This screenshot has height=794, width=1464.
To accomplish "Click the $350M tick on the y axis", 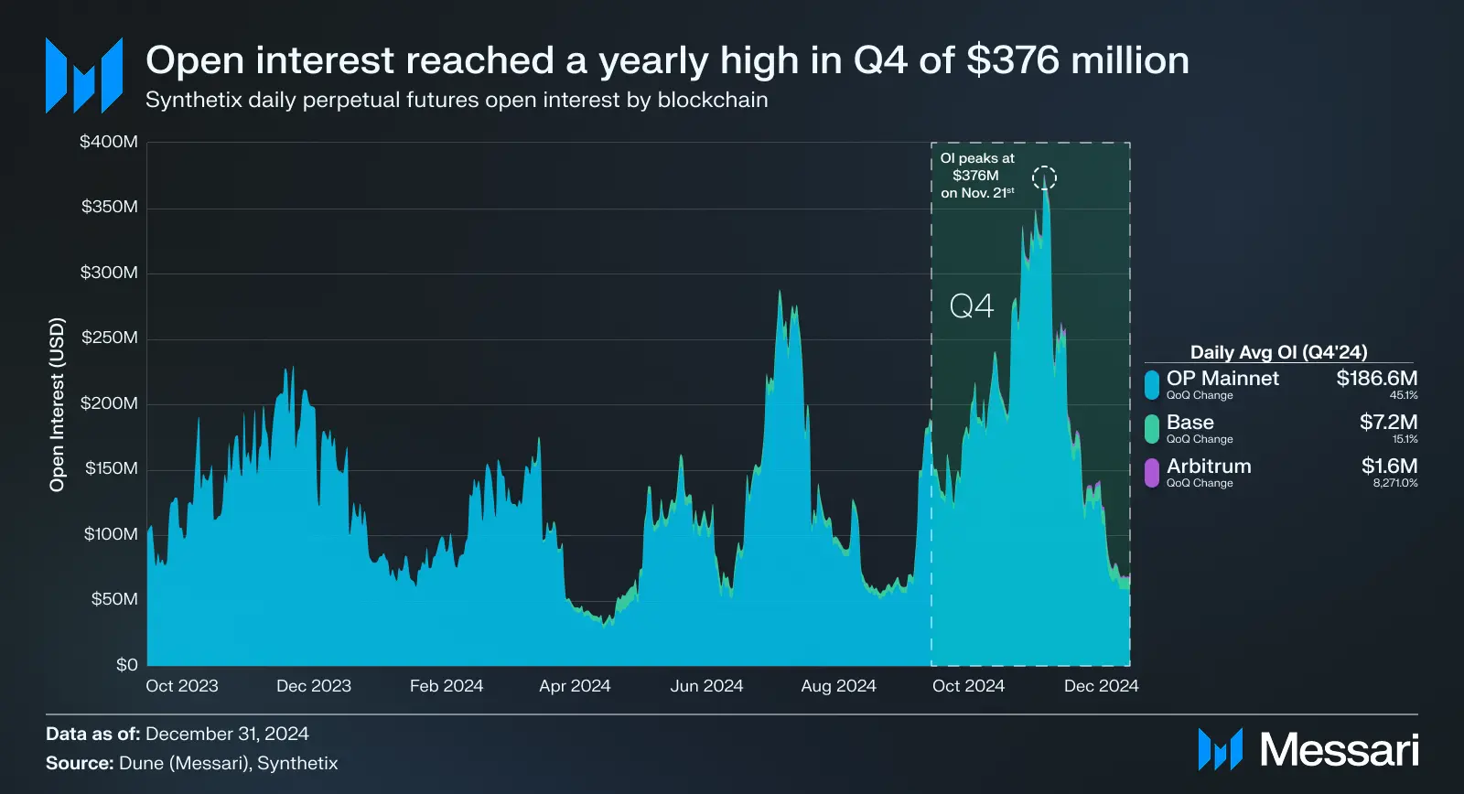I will (110, 207).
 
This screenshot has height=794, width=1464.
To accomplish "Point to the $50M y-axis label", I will (114, 599).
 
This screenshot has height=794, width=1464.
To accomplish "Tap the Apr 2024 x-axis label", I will (575, 686).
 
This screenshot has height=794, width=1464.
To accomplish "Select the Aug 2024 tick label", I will (838, 686).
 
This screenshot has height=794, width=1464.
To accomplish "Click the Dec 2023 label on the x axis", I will (314, 686).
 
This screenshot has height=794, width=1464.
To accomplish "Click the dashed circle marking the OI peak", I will (1044, 177).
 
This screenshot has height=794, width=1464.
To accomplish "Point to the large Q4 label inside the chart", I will (972, 306).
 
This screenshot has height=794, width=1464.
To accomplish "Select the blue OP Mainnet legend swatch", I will (1152, 384).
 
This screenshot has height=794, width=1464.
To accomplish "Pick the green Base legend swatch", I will (1152, 428).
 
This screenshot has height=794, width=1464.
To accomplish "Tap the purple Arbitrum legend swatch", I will (1152, 472).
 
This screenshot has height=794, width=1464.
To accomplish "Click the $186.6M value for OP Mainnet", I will (1376, 378).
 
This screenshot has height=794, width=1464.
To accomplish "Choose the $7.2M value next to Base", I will (1388, 422).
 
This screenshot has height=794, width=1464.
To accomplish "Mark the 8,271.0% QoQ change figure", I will (1394, 483).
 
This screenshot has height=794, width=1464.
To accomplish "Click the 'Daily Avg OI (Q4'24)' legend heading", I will (1278, 352).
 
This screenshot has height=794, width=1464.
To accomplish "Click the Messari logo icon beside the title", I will (84, 75).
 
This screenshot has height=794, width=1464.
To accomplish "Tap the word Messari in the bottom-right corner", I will (1339, 750).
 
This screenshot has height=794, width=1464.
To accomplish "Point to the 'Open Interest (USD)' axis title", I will (58, 404).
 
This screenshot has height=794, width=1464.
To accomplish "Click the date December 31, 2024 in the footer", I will (227, 734).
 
